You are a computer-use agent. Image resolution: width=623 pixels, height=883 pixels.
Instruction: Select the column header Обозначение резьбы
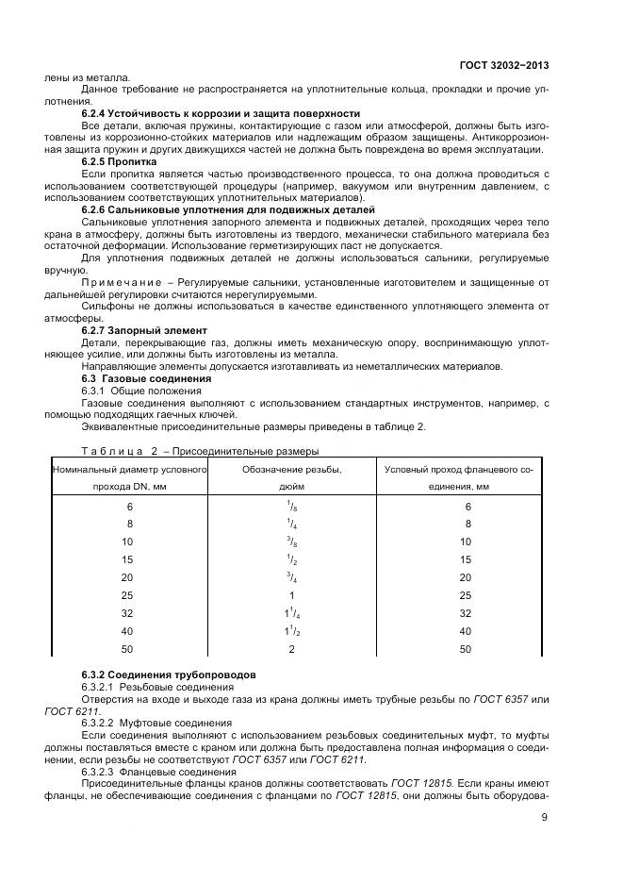pyautogui.click(x=291, y=469)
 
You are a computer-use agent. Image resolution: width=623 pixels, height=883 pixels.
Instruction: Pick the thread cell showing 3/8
pyautogui.click(x=291, y=541)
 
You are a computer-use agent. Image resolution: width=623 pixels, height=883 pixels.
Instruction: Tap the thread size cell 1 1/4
pyautogui.click(x=291, y=613)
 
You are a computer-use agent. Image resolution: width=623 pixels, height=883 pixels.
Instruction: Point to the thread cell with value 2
pyautogui.click(x=291, y=650)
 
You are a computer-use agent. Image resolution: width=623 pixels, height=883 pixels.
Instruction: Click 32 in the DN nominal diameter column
pyautogui.click(x=130, y=613)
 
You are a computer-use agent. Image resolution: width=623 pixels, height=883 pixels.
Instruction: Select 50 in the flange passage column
pyautogui.click(x=466, y=650)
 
